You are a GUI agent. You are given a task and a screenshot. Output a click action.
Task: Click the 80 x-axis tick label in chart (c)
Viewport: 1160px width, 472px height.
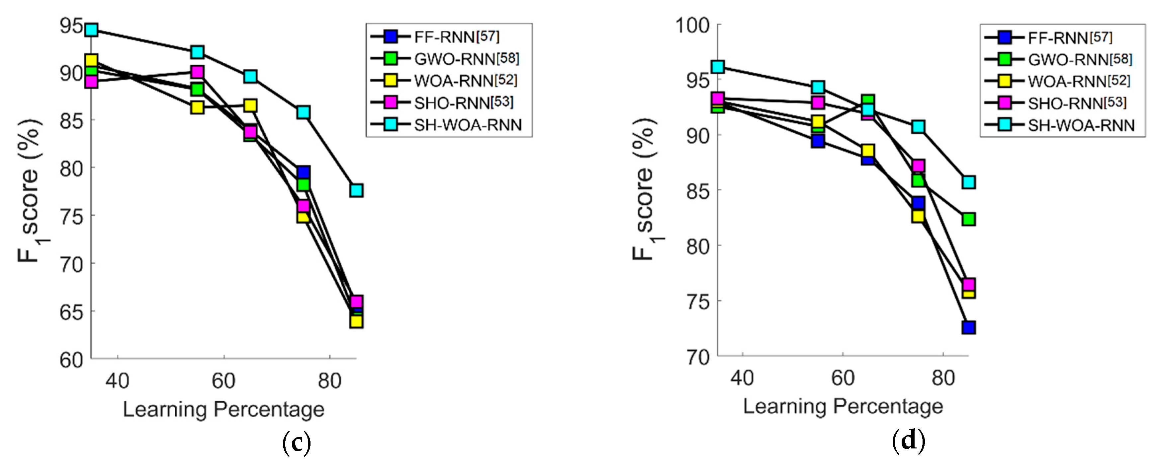point(330,381)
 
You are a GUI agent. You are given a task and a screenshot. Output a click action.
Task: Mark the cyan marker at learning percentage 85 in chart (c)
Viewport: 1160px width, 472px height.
point(356,190)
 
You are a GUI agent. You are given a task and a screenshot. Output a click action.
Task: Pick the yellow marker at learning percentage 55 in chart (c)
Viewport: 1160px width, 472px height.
point(197,107)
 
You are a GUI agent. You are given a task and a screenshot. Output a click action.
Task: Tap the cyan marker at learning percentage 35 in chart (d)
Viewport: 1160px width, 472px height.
point(718,67)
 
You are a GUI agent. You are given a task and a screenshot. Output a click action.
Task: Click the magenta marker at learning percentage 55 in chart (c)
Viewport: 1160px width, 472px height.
point(197,72)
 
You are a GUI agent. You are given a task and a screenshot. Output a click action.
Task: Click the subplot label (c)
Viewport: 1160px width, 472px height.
point(296,443)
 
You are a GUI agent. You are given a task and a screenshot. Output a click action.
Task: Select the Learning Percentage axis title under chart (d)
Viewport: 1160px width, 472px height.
point(843,406)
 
